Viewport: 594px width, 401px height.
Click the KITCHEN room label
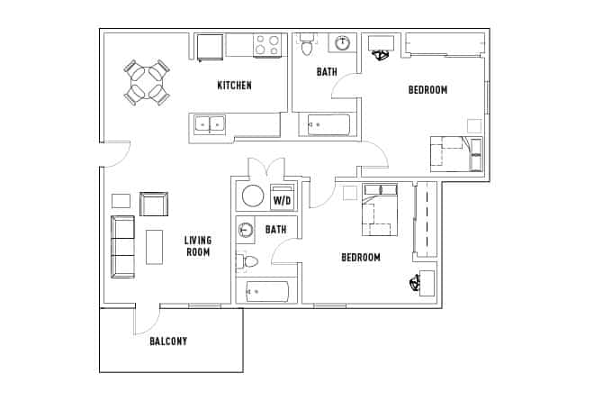pyautogui.click(x=234, y=86)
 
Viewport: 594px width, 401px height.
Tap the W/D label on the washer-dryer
pyautogui.click(x=282, y=199)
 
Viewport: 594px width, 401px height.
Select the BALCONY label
pyautogui.click(x=168, y=341)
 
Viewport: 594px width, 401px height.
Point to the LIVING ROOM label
pyautogui.click(x=197, y=246)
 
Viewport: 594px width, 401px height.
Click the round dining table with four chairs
pyautogui.click(x=147, y=81)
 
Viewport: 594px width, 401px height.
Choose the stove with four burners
pyautogui.click(x=266, y=45)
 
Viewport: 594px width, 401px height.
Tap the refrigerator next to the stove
pyautogui.click(x=210, y=46)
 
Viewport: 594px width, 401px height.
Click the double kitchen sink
pyautogui.click(x=209, y=124)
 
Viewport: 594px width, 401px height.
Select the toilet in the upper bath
pyautogui.click(x=307, y=44)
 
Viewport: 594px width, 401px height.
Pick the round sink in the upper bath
pyautogui.click(x=343, y=42)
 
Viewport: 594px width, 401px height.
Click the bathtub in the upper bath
pyautogui.click(x=328, y=124)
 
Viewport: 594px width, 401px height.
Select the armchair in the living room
pyautogui.click(x=153, y=205)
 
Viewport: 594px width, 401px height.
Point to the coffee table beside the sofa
pyautogui.click(x=154, y=246)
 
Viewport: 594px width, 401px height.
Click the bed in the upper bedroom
pyautogui.click(x=455, y=152)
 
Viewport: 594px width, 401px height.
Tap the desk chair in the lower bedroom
pyautogui.click(x=416, y=284)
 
